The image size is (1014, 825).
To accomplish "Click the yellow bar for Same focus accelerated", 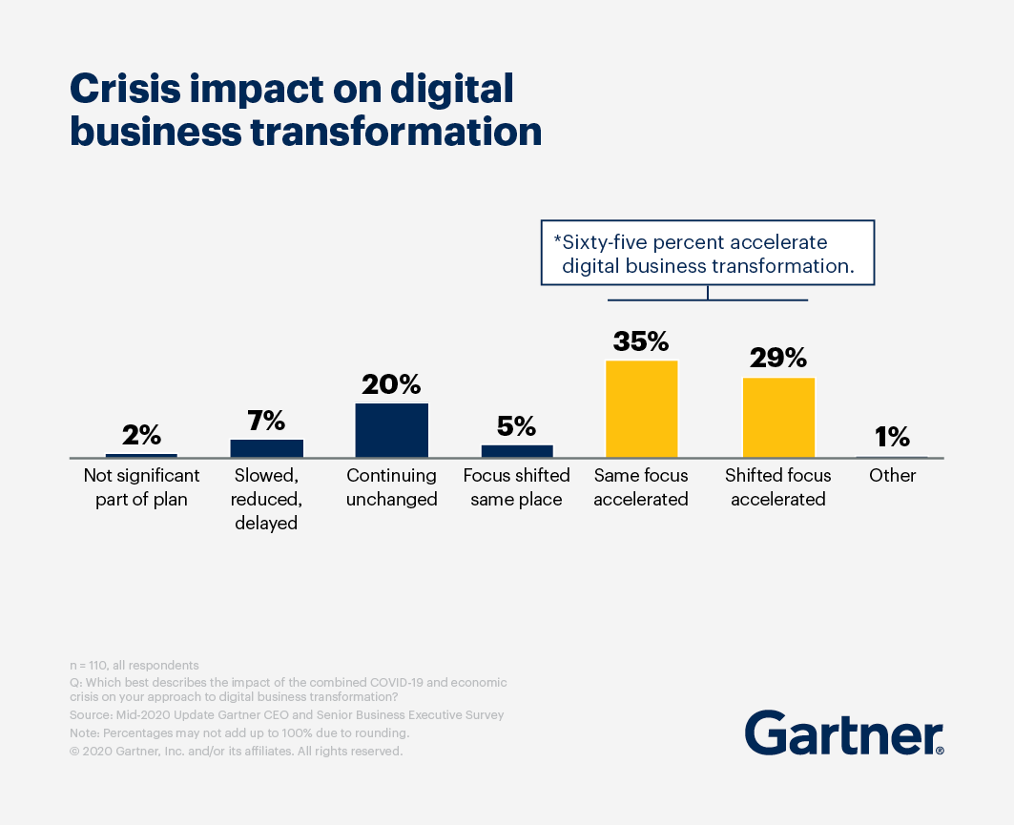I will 641,408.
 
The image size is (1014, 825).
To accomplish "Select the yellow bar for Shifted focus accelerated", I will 778,417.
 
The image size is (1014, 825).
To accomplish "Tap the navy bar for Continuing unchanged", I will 391,429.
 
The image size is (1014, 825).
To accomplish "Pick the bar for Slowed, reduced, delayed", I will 266,447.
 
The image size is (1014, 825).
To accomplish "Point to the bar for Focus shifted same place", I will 516,450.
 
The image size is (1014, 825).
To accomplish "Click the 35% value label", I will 641,341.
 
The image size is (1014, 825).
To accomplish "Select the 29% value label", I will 778,359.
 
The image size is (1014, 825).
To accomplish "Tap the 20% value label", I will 391,384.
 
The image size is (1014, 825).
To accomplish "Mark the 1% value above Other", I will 892,437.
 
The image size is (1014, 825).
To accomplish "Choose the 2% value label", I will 141,435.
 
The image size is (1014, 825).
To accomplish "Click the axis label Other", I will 892,475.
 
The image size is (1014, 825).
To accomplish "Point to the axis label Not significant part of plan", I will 141,486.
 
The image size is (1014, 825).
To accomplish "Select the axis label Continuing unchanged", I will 391,486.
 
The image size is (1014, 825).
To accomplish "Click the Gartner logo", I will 844,732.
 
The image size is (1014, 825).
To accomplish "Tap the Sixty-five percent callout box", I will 707,254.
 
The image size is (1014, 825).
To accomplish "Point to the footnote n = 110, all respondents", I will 134,665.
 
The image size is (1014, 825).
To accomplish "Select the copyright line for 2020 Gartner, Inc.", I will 237,751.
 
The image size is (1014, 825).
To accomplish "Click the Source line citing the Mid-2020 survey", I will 286,714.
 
